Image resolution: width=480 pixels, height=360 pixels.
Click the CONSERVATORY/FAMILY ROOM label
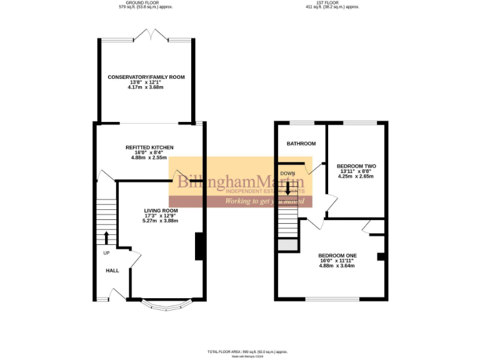[146, 77]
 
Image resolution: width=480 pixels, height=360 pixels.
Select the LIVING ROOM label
[161, 210]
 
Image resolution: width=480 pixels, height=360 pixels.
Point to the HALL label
[112, 270]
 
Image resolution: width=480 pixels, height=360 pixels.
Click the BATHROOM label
[301, 144]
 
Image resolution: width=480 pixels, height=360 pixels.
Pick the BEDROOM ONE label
[337, 255]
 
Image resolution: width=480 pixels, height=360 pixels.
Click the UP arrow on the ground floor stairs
[106, 237]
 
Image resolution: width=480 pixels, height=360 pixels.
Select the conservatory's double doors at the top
[150, 35]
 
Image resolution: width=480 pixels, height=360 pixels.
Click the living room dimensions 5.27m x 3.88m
[161, 221]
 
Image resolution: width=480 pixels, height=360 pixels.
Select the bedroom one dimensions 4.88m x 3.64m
[337, 266]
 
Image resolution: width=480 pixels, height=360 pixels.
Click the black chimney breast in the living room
[199, 246]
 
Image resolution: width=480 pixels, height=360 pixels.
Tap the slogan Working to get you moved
[264, 201]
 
